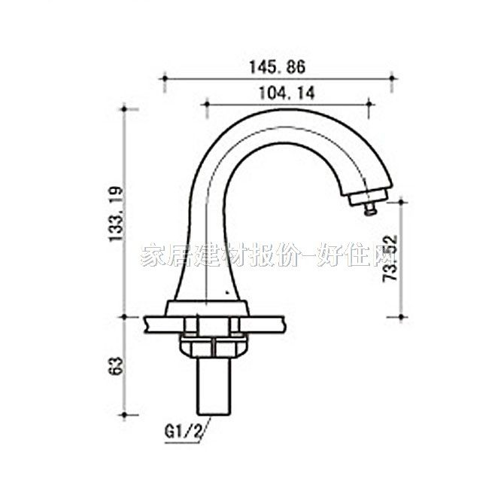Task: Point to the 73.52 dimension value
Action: pos(390,258)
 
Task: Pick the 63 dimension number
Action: pos(115,367)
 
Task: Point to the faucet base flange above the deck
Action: pos(208,307)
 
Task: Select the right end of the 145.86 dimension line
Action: pos(393,77)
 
